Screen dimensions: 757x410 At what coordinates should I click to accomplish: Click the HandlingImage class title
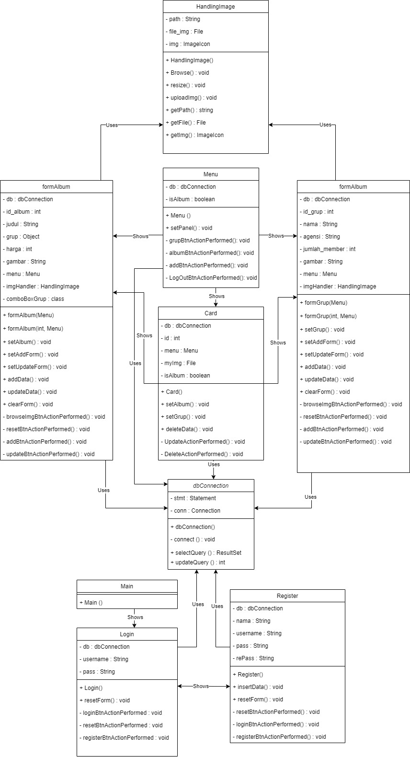pos(216,7)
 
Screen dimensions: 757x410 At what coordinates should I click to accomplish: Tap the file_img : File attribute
pos(186,32)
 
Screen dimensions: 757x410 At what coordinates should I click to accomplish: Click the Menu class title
pos(211,174)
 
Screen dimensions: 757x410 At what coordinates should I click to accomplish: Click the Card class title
pos(211,313)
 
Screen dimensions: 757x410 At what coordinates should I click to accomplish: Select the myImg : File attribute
pos(180,363)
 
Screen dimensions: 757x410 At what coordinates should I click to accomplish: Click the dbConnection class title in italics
pos(211,486)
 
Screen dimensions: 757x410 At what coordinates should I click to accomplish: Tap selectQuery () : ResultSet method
pos(206,553)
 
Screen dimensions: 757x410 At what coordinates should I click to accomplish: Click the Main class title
pos(127,586)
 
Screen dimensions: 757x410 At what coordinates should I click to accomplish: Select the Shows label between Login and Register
pos(201,686)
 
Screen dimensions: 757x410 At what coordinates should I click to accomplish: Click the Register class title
pos(287,596)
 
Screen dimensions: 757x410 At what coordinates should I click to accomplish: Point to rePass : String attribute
pos(255,658)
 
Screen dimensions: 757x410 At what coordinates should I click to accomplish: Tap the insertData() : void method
pos(258,687)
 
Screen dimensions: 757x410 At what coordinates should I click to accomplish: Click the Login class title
pos(127,634)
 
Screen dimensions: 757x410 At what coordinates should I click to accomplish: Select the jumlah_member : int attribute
pos(330,249)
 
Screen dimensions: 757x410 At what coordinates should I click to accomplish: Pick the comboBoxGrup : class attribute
pos(35,299)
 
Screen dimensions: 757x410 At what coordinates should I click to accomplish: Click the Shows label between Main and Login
pos(135,617)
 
